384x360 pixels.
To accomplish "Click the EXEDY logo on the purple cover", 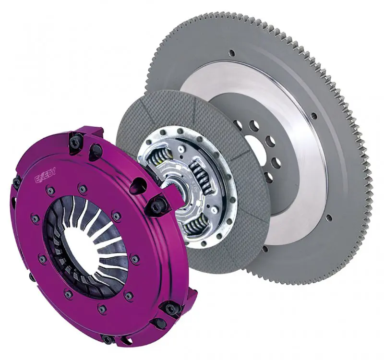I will pyautogui.click(x=45, y=178).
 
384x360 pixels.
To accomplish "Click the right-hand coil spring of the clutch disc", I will pyautogui.click(x=199, y=178).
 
